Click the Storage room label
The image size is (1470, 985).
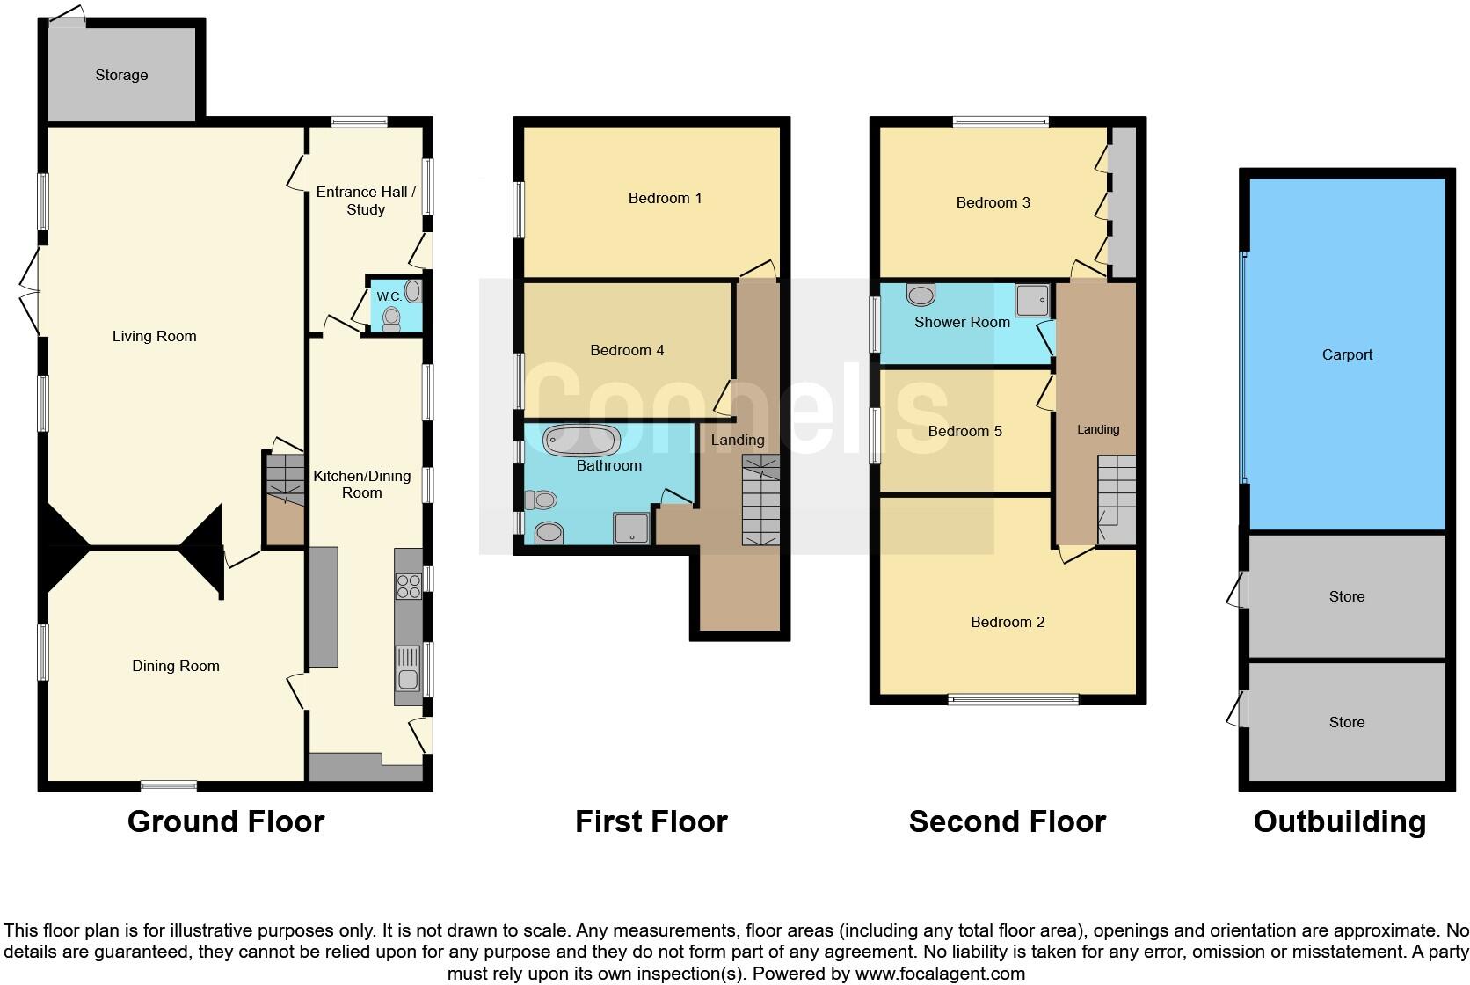coord(121,76)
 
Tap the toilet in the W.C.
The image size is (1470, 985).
coord(391,318)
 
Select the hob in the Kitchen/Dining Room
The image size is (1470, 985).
coord(409,586)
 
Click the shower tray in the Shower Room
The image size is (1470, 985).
coord(1032,301)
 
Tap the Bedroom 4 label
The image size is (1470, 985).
coord(627,351)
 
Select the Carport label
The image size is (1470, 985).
coord(1347,355)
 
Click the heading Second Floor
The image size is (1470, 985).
coord(1007,821)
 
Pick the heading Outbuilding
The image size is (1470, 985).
coord(1339,821)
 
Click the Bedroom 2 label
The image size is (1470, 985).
coord(1008,623)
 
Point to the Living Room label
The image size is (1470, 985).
coord(155,337)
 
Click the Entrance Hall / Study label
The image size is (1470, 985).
coord(366,201)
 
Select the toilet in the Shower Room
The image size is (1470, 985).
coord(921,295)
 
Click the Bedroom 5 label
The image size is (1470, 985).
coord(964,432)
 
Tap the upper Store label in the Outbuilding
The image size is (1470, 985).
coord(1347,597)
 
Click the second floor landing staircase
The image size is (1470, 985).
coord(1116,499)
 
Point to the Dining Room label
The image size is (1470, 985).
coord(176,667)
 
